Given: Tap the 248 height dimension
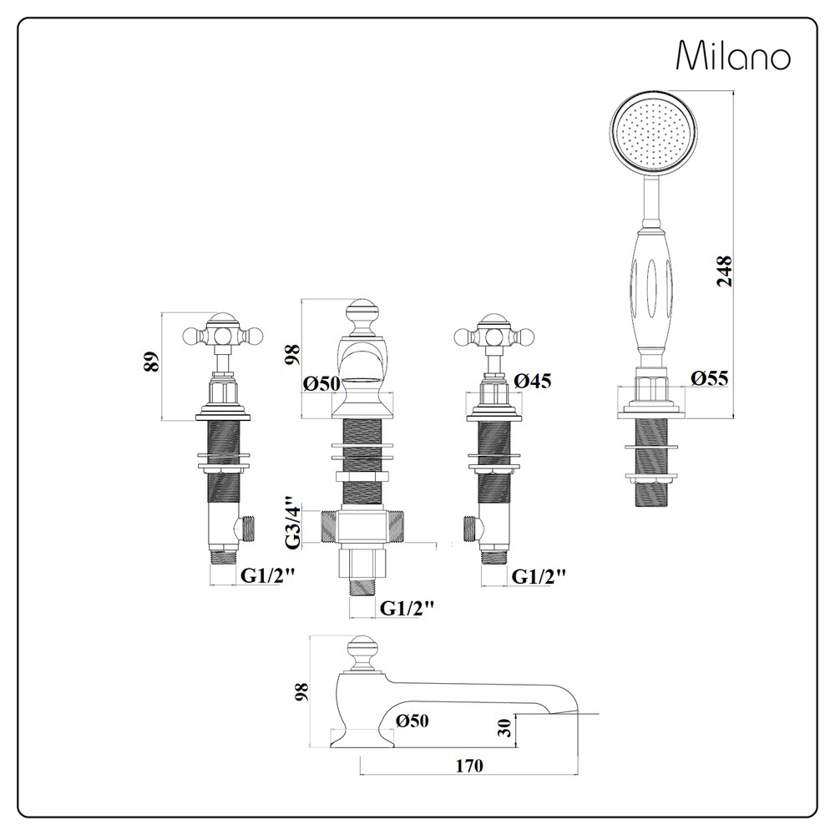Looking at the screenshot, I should coord(724,271).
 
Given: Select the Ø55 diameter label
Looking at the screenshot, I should coord(710,378).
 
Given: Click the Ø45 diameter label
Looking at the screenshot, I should coord(533,381).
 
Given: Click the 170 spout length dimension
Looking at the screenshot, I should coord(471,765).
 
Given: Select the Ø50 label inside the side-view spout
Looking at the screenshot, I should coord(412,721).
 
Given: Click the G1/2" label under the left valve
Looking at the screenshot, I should coord(269,575).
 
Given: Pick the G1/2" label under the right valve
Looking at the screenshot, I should coord(539,575).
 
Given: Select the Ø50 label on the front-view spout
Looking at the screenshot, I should coord(321,384).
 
